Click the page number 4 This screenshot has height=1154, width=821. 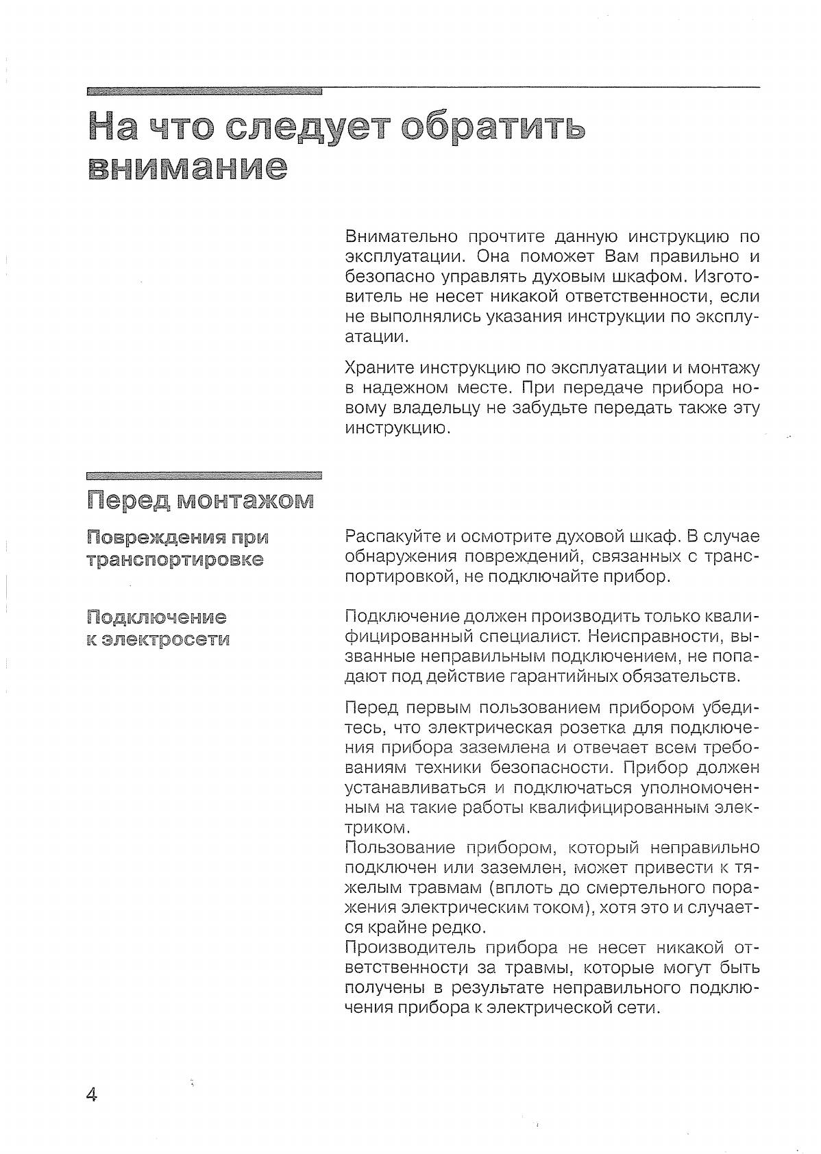click(x=92, y=1094)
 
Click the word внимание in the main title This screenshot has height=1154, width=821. click(x=187, y=167)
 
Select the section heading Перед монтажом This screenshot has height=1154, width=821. click(x=201, y=500)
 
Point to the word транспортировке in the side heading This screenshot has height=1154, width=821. click(x=175, y=559)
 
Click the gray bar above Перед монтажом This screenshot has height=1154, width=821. click(x=204, y=474)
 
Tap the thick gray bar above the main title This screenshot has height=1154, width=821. click(x=204, y=90)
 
